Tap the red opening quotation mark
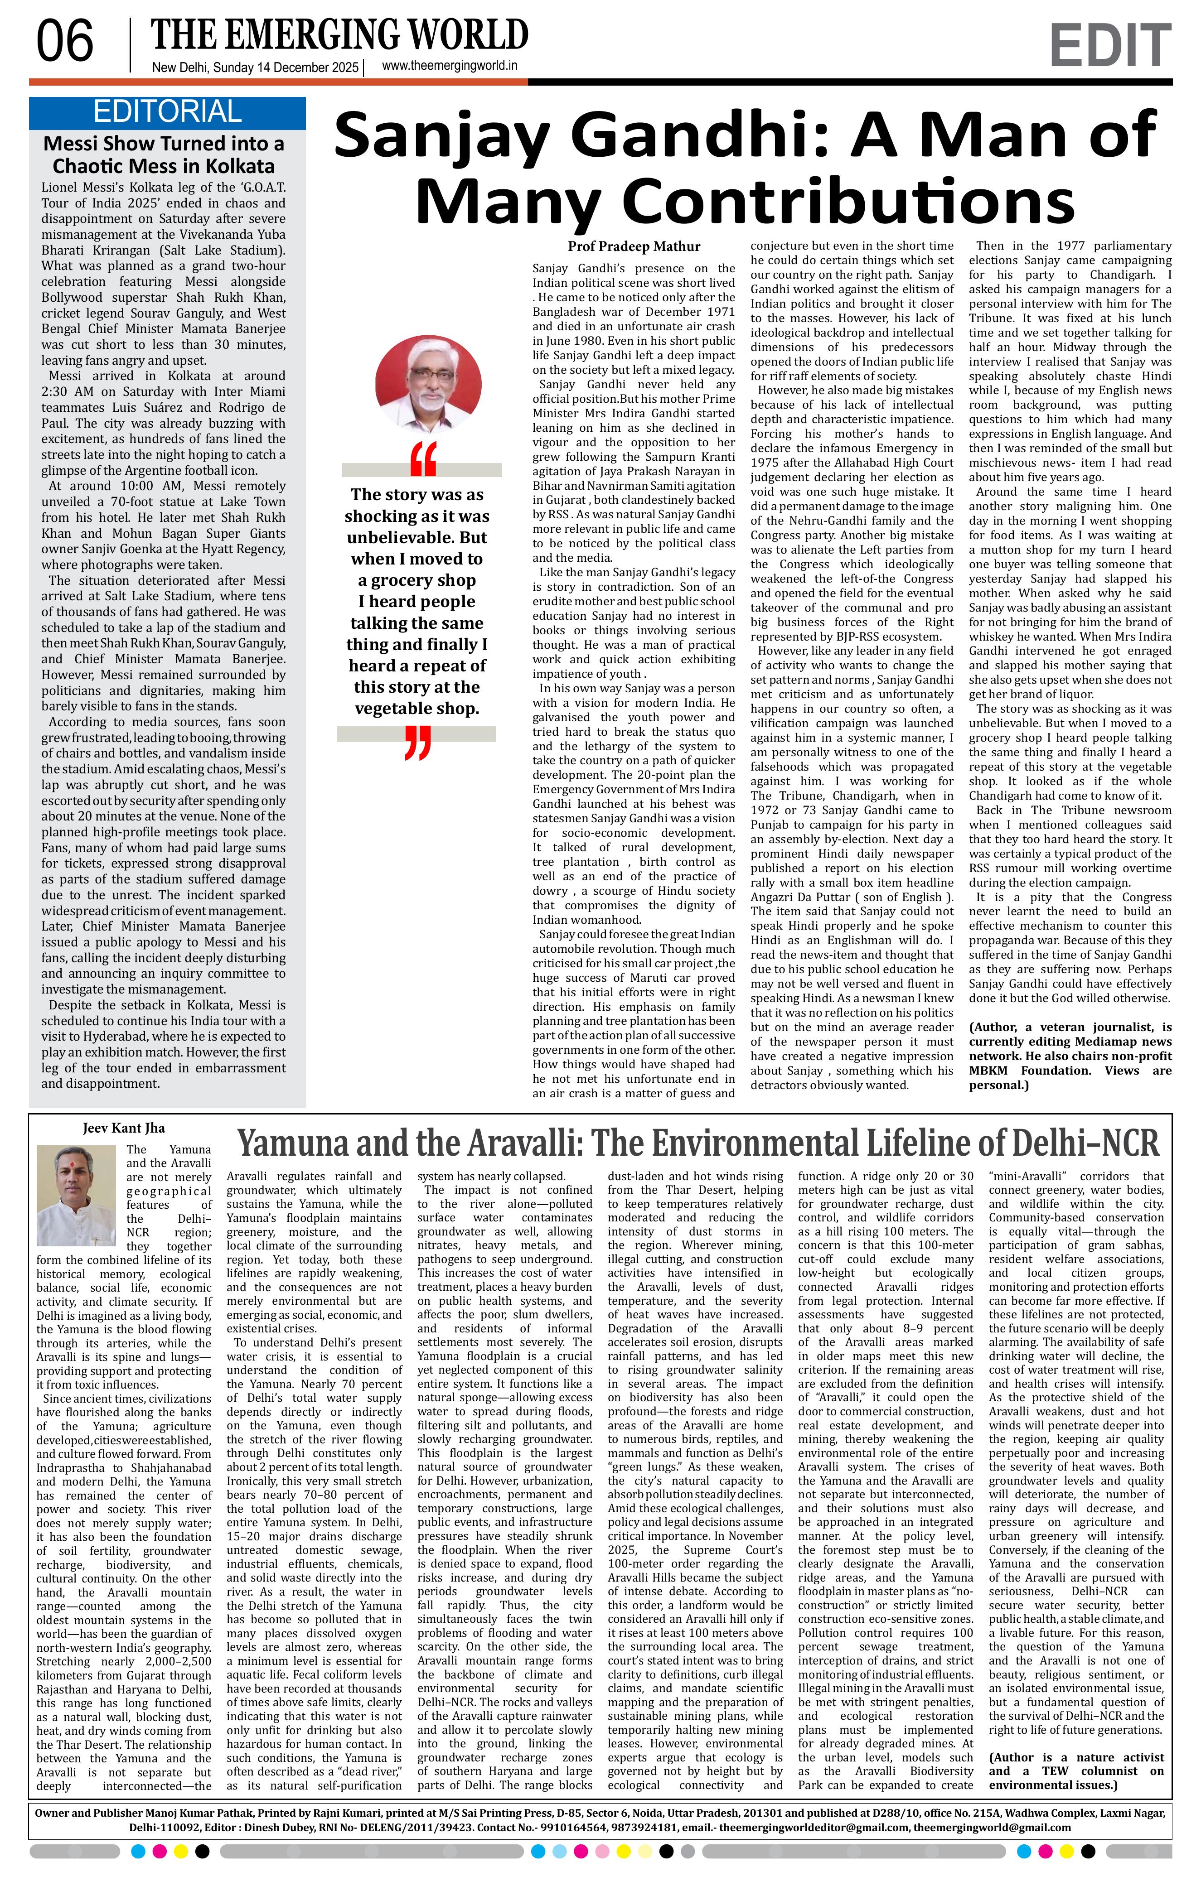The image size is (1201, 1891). point(423,459)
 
